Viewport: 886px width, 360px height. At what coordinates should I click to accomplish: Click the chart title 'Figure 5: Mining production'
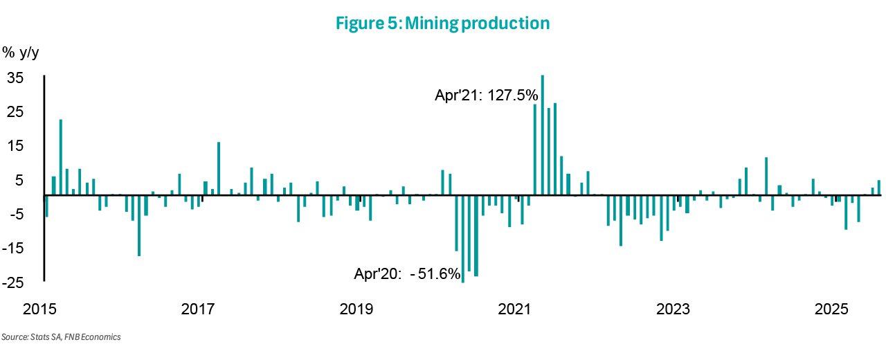(442, 24)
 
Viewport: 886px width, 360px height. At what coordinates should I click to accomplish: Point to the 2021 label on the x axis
(514, 308)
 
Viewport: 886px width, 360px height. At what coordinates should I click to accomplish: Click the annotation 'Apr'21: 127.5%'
(486, 96)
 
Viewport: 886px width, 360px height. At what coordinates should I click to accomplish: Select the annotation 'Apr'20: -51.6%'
(408, 274)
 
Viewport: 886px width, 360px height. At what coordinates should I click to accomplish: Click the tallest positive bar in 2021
(543, 135)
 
